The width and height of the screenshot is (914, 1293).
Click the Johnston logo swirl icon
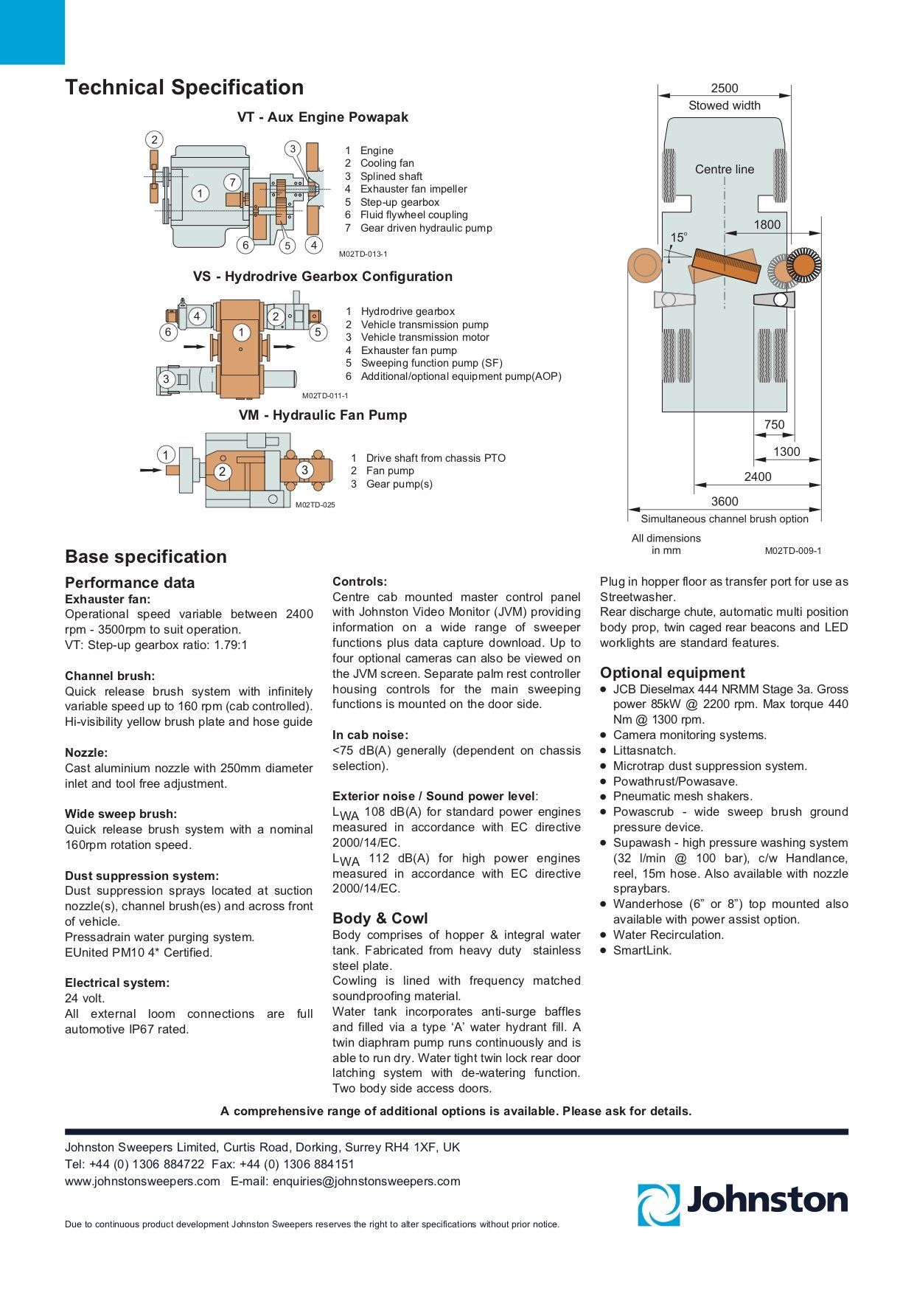click(x=658, y=1204)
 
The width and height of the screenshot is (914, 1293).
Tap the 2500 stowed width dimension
click(x=724, y=89)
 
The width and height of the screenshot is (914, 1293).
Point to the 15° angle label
click(x=678, y=238)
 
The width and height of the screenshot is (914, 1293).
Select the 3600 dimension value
click(x=724, y=502)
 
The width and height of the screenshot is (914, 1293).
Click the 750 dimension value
click(x=774, y=425)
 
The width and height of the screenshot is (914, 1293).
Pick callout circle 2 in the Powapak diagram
click(x=154, y=140)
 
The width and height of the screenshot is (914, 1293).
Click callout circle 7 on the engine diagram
click(x=232, y=182)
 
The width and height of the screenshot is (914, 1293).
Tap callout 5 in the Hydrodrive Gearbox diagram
click(x=318, y=332)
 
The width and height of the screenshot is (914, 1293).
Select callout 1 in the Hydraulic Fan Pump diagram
click(x=166, y=455)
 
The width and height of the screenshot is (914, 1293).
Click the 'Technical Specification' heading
click(x=184, y=87)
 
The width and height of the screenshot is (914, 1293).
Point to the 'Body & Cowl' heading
click(x=380, y=918)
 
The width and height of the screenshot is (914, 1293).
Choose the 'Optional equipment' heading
click(x=672, y=673)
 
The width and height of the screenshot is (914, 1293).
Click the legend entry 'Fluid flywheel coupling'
click(x=414, y=215)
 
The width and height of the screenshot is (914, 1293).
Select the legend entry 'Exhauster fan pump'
click(x=408, y=350)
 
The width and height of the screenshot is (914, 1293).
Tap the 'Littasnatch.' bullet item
click(x=644, y=751)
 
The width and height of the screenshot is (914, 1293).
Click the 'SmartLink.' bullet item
click(x=642, y=950)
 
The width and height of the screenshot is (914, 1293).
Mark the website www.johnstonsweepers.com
click(x=142, y=1181)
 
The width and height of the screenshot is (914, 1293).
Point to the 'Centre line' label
click(x=724, y=169)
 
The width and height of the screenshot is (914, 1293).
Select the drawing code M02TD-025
click(x=315, y=505)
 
